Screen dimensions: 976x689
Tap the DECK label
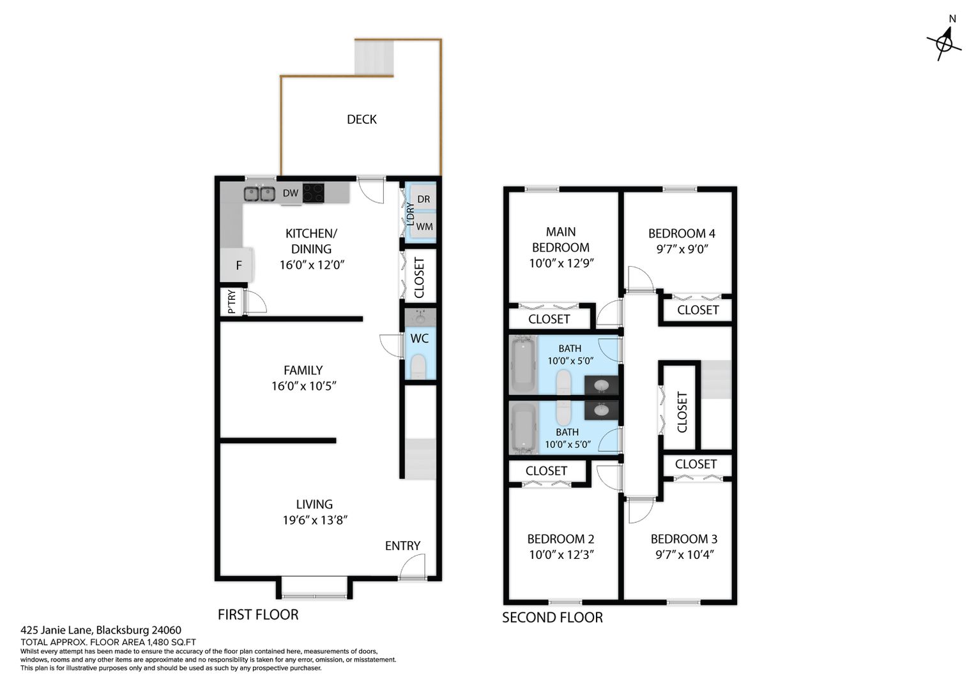[361, 119]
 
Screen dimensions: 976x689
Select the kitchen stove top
[313, 193]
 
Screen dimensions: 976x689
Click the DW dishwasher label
[290, 193]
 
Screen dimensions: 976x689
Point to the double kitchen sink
[259, 194]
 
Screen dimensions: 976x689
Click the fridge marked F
[236, 265]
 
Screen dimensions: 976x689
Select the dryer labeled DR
[423, 198]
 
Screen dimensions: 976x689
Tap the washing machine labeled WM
[423, 226]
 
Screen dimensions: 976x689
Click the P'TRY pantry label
[231, 302]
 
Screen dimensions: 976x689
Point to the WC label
[419, 338]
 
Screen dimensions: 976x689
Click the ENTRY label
[402, 545]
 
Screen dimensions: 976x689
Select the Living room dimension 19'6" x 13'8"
[315, 520]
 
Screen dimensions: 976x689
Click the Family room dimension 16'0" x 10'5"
[303, 385]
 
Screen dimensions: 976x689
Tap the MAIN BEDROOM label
[561, 239]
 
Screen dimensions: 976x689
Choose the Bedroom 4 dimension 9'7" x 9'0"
[682, 249]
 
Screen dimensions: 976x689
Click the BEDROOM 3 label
[683, 539]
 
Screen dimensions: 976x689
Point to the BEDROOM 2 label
[560, 539]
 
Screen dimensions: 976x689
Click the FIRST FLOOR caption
[258, 614]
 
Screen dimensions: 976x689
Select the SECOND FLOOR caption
[552, 617]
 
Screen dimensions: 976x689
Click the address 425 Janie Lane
[56, 630]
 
